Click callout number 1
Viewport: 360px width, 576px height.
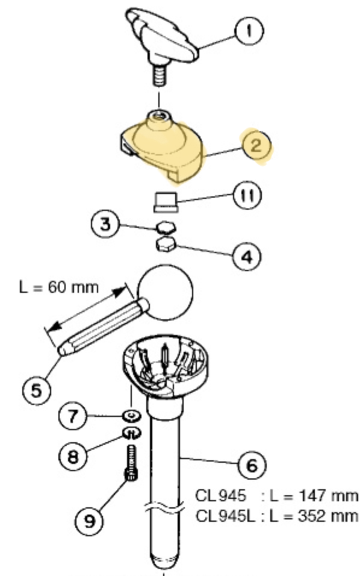coord(249,31)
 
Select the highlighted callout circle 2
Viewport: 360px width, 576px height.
coord(256,145)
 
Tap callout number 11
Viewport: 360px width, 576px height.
coord(247,195)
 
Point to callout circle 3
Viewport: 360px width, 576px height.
coord(105,224)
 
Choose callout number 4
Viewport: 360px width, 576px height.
coord(247,257)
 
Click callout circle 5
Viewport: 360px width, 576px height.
coord(36,390)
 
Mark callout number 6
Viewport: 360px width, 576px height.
coord(252,465)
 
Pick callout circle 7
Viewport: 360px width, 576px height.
coord(73,416)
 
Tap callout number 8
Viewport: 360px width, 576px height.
coord(73,457)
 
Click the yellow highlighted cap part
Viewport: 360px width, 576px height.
coord(161,149)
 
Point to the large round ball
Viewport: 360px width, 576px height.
coord(165,293)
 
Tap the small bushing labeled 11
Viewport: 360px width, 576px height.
coord(166,202)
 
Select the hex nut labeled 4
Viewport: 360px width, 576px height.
coord(166,245)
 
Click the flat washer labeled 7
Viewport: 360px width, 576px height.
coord(132,416)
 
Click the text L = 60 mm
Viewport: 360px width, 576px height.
coord(59,287)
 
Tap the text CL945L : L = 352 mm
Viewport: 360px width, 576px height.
coord(277,516)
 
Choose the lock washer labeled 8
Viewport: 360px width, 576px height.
coord(132,433)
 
